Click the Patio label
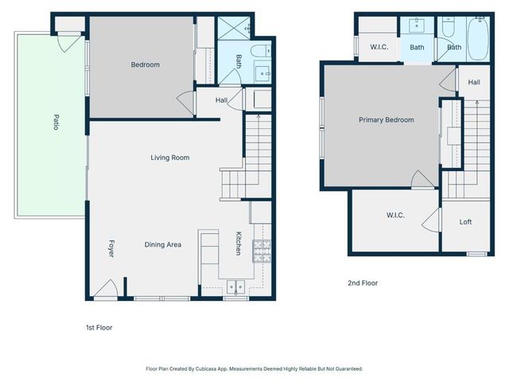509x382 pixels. coord(56,123)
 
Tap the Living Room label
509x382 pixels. coord(170,158)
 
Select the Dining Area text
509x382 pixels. coord(163,244)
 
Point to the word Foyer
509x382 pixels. coord(111,248)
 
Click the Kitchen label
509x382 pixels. coord(238,243)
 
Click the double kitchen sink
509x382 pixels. coord(235,287)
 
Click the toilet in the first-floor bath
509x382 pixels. coord(261,54)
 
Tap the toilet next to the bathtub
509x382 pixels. coord(447,29)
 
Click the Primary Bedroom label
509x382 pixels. coord(386,120)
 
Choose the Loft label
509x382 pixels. coord(465,222)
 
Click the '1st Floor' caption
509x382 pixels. coord(99,327)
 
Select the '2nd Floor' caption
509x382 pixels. coord(362,283)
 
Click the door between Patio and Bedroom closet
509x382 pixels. coord(70,42)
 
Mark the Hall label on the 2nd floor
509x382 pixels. coord(474,82)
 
